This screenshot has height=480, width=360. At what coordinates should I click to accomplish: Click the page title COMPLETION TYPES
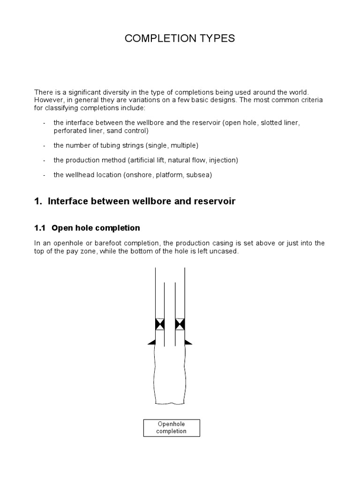(x=180, y=39)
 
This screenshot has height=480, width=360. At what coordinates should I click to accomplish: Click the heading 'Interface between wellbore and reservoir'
(x=141, y=201)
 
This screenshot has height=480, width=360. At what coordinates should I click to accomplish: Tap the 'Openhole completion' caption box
(x=172, y=427)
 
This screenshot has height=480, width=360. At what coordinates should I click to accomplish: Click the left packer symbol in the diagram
(x=160, y=324)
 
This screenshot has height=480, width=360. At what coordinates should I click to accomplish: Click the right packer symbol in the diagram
(x=180, y=324)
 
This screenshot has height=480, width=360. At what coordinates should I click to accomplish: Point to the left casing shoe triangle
(x=152, y=343)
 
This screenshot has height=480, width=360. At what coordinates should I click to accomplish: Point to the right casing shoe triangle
(x=188, y=343)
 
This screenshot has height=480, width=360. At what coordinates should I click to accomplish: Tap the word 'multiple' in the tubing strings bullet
(x=186, y=145)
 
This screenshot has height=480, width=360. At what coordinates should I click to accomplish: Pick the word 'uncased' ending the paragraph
(x=226, y=251)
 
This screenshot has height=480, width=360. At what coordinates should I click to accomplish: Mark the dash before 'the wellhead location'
(x=44, y=175)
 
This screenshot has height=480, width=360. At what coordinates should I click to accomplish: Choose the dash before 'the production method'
(x=44, y=160)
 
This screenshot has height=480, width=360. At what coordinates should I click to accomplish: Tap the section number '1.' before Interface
(x=38, y=201)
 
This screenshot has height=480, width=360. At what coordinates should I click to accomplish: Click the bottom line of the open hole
(x=170, y=404)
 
